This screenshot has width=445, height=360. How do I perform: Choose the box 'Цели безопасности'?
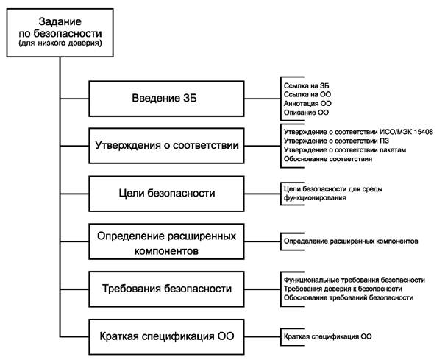click(167, 193)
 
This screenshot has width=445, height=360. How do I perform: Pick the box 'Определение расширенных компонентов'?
click(167, 240)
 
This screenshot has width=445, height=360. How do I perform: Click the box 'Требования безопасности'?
click(167, 288)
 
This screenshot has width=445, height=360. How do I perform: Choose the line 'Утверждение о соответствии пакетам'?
click(341, 150)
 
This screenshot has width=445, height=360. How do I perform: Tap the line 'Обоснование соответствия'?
click(327, 160)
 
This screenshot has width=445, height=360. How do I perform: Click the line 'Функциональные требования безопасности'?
click(354, 280)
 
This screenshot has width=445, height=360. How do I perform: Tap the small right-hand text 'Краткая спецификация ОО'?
click(327, 336)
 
